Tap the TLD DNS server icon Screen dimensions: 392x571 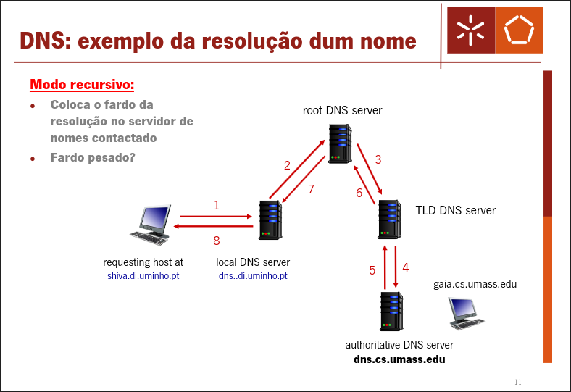click(389, 219)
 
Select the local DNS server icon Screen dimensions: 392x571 click(270, 220)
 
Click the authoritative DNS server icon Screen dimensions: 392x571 click(391, 312)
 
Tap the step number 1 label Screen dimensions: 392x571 click(217, 205)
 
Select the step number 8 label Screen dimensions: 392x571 click(216, 241)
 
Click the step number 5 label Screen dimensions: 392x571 click(372, 270)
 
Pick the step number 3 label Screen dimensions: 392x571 click(378, 159)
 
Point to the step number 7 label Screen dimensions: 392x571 click(311, 189)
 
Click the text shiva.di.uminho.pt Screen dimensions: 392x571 click(143, 276)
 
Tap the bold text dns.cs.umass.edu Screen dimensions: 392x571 click(399, 359)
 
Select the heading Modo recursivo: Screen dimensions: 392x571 click(82, 85)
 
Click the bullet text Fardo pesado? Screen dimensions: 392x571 click(92, 157)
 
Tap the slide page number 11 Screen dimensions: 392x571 click(517, 382)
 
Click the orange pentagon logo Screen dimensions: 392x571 click(518, 29)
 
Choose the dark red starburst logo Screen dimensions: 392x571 click(470, 29)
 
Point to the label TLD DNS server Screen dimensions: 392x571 click(455, 211)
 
